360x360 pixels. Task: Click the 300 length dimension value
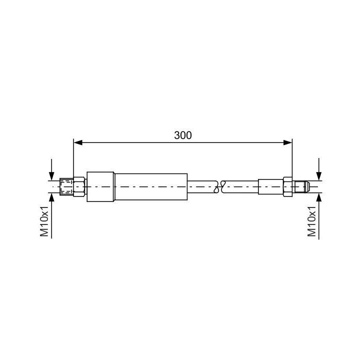[x=183, y=135]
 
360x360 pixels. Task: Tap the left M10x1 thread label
[x=45, y=220]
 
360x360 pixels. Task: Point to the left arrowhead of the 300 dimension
[x=77, y=143]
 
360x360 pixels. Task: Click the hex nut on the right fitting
[x=287, y=186]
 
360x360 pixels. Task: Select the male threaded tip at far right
[x=301, y=186]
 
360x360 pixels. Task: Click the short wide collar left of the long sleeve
[x=100, y=186]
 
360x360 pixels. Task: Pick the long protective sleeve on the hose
[x=151, y=186]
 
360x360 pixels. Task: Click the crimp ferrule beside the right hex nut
[x=270, y=186]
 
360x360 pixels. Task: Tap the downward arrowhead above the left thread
[x=51, y=175]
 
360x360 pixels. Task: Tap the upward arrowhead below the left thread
[x=51, y=197]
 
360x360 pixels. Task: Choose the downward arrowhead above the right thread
[x=318, y=175]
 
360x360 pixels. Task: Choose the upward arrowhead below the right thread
[x=318, y=197]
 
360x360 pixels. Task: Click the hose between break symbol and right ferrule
[x=241, y=186]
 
